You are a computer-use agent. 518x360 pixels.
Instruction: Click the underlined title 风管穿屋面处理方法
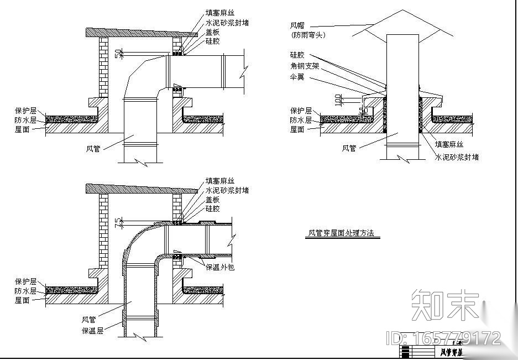(341, 233)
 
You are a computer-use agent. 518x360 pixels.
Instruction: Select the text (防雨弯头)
(308, 35)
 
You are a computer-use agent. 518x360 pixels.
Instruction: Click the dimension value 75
(117, 222)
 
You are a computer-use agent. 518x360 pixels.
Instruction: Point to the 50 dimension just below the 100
(363, 111)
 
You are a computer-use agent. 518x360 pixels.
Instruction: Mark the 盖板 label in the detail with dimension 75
(213, 200)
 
